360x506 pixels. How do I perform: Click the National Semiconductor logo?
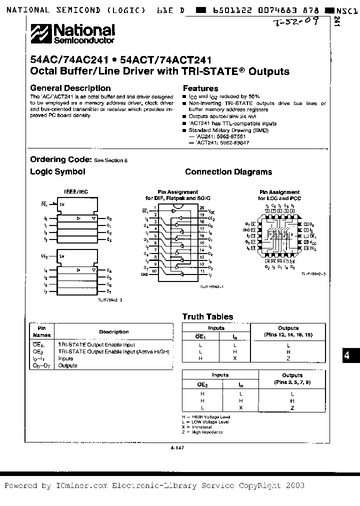[x=73, y=34]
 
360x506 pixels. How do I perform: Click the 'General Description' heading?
[x=70, y=88]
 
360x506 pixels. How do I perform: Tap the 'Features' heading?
[x=200, y=88]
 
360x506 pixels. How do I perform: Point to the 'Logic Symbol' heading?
[x=57, y=171]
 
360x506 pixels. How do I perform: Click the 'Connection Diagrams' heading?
[x=228, y=172]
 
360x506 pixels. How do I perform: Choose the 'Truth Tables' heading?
[x=207, y=316]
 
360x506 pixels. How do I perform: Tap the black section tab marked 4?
[x=346, y=356]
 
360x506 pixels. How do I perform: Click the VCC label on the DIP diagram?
[x=212, y=212]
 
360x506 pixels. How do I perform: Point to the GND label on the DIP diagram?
[x=144, y=274]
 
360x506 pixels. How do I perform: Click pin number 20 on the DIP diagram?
[x=201, y=207]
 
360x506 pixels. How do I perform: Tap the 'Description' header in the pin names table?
[x=113, y=331]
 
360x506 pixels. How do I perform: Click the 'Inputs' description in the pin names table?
[x=66, y=358]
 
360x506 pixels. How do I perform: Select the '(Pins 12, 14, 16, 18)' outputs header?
[x=288, y=335]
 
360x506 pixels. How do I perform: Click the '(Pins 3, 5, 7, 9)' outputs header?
[x=292, y=382]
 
